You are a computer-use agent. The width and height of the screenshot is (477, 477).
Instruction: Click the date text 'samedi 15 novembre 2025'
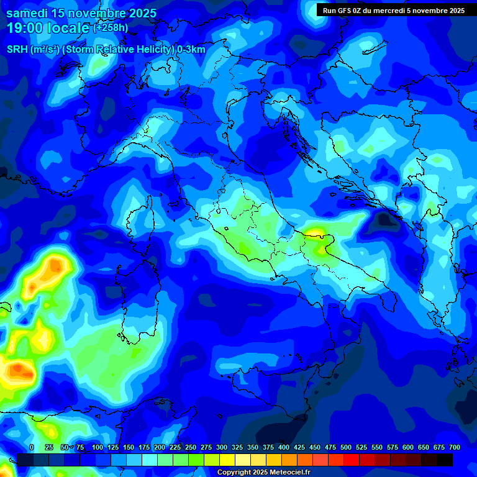point(81,13)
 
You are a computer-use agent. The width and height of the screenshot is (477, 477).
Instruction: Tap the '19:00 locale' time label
point(47,28)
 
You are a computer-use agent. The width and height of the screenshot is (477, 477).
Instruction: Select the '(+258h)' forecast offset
point(111,28)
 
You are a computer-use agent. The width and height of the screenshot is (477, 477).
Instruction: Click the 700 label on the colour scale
point(455,447)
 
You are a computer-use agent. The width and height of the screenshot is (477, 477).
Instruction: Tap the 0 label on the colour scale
point(32,447)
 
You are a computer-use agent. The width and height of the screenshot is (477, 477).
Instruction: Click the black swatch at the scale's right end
point(445,460)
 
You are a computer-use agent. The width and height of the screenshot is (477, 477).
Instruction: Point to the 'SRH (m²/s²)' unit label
point(32,49)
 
